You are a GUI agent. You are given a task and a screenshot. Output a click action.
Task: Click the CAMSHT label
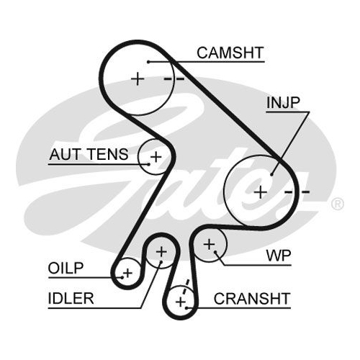pos(230,53)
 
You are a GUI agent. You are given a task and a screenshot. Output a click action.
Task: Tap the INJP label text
pos(283,102)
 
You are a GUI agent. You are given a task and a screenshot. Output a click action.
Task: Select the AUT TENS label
pos(89,154)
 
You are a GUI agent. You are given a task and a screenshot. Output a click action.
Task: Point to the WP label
pos(279,256)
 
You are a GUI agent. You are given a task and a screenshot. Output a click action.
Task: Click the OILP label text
pos(66,268)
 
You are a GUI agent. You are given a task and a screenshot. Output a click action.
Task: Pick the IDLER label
pos(71,298)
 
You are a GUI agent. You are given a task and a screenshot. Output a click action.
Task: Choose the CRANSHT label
pos(252,299)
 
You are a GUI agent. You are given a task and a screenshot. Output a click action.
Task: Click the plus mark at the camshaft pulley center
pos(138,78)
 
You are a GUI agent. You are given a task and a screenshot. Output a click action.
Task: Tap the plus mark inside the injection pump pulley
pos(261,192)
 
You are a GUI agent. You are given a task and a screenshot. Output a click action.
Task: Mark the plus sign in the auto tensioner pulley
pos(156,157)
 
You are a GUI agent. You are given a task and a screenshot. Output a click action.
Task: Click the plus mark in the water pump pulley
pos(209,245)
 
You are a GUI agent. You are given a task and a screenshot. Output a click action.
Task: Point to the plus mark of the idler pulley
pos(161,252)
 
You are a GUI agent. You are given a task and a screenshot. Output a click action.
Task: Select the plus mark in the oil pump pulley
pos(127,273)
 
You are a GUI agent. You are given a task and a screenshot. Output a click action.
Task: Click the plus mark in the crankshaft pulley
pos(181,302)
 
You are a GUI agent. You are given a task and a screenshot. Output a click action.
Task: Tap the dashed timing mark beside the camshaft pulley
pos(174,78)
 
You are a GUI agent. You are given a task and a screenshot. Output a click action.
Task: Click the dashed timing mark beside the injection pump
pos(297,192)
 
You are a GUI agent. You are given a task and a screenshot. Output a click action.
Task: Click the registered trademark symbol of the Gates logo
pos(338,204)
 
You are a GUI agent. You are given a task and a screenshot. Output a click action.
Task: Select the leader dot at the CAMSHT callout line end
pos(148,62)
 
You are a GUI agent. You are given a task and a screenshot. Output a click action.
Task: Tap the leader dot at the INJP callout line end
pos(272,174)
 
